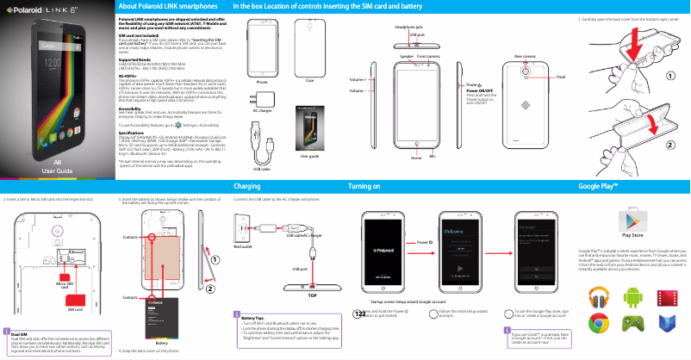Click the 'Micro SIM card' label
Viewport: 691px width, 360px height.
coord(63,284)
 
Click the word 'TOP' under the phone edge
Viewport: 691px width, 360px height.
coord(312,295)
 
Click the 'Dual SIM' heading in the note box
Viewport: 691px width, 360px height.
coord(19,333)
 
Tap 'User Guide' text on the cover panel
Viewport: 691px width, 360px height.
coord(57,171)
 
